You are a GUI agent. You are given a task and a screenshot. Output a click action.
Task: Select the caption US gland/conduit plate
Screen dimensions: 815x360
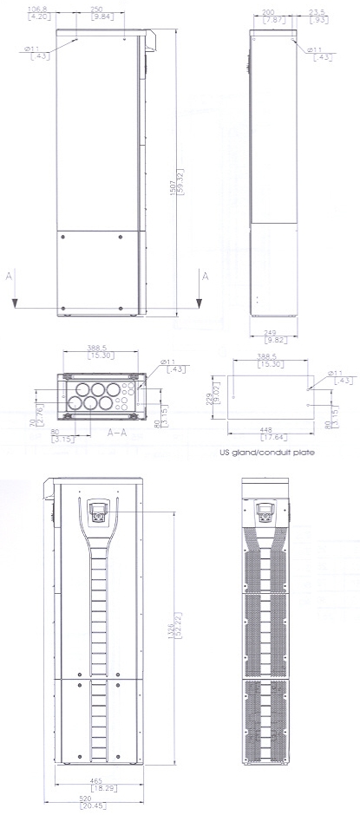(267, 452)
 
